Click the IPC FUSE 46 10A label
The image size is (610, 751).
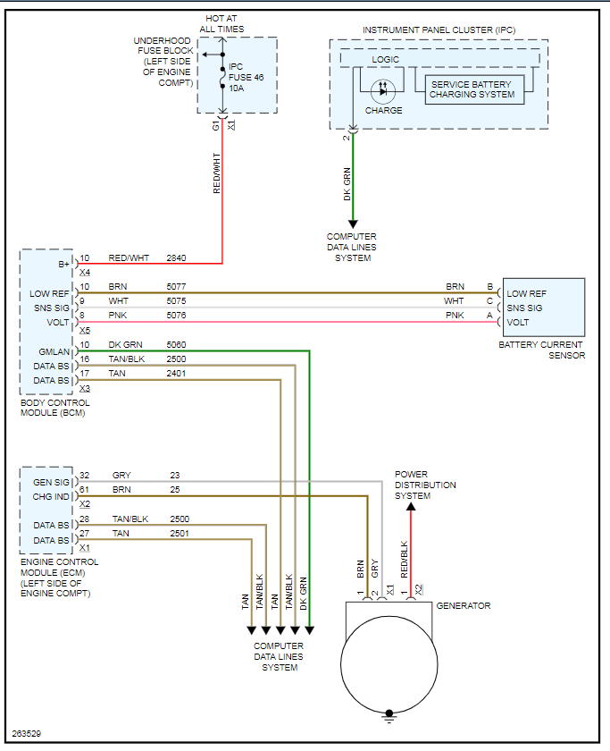(x=247, y=78)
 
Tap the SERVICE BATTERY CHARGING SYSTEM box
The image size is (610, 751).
(x=472, y=89)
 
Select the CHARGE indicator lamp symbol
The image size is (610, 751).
(x=383, y=90)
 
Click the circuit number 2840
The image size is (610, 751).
(x=177, y=257)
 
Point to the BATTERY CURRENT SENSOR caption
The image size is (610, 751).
(x=542, y=350)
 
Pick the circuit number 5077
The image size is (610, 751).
(x=177, y=287)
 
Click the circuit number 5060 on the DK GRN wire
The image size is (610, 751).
(x=177, y=344)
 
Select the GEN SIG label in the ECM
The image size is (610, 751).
(x=51, y=483)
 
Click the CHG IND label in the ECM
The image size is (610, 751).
(x=51, y=497)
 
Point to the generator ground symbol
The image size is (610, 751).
(x=389, y=714)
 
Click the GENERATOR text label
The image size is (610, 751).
(x=463, y=606)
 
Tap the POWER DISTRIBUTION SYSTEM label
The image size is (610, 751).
(x=425, y=485)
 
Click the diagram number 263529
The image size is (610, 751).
(x=27, y=733)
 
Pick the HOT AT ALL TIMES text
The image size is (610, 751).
(x=221, y=24)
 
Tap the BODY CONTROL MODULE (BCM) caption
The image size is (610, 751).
(x=54, y=408)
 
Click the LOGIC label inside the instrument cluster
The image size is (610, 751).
(x=385, y=60)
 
